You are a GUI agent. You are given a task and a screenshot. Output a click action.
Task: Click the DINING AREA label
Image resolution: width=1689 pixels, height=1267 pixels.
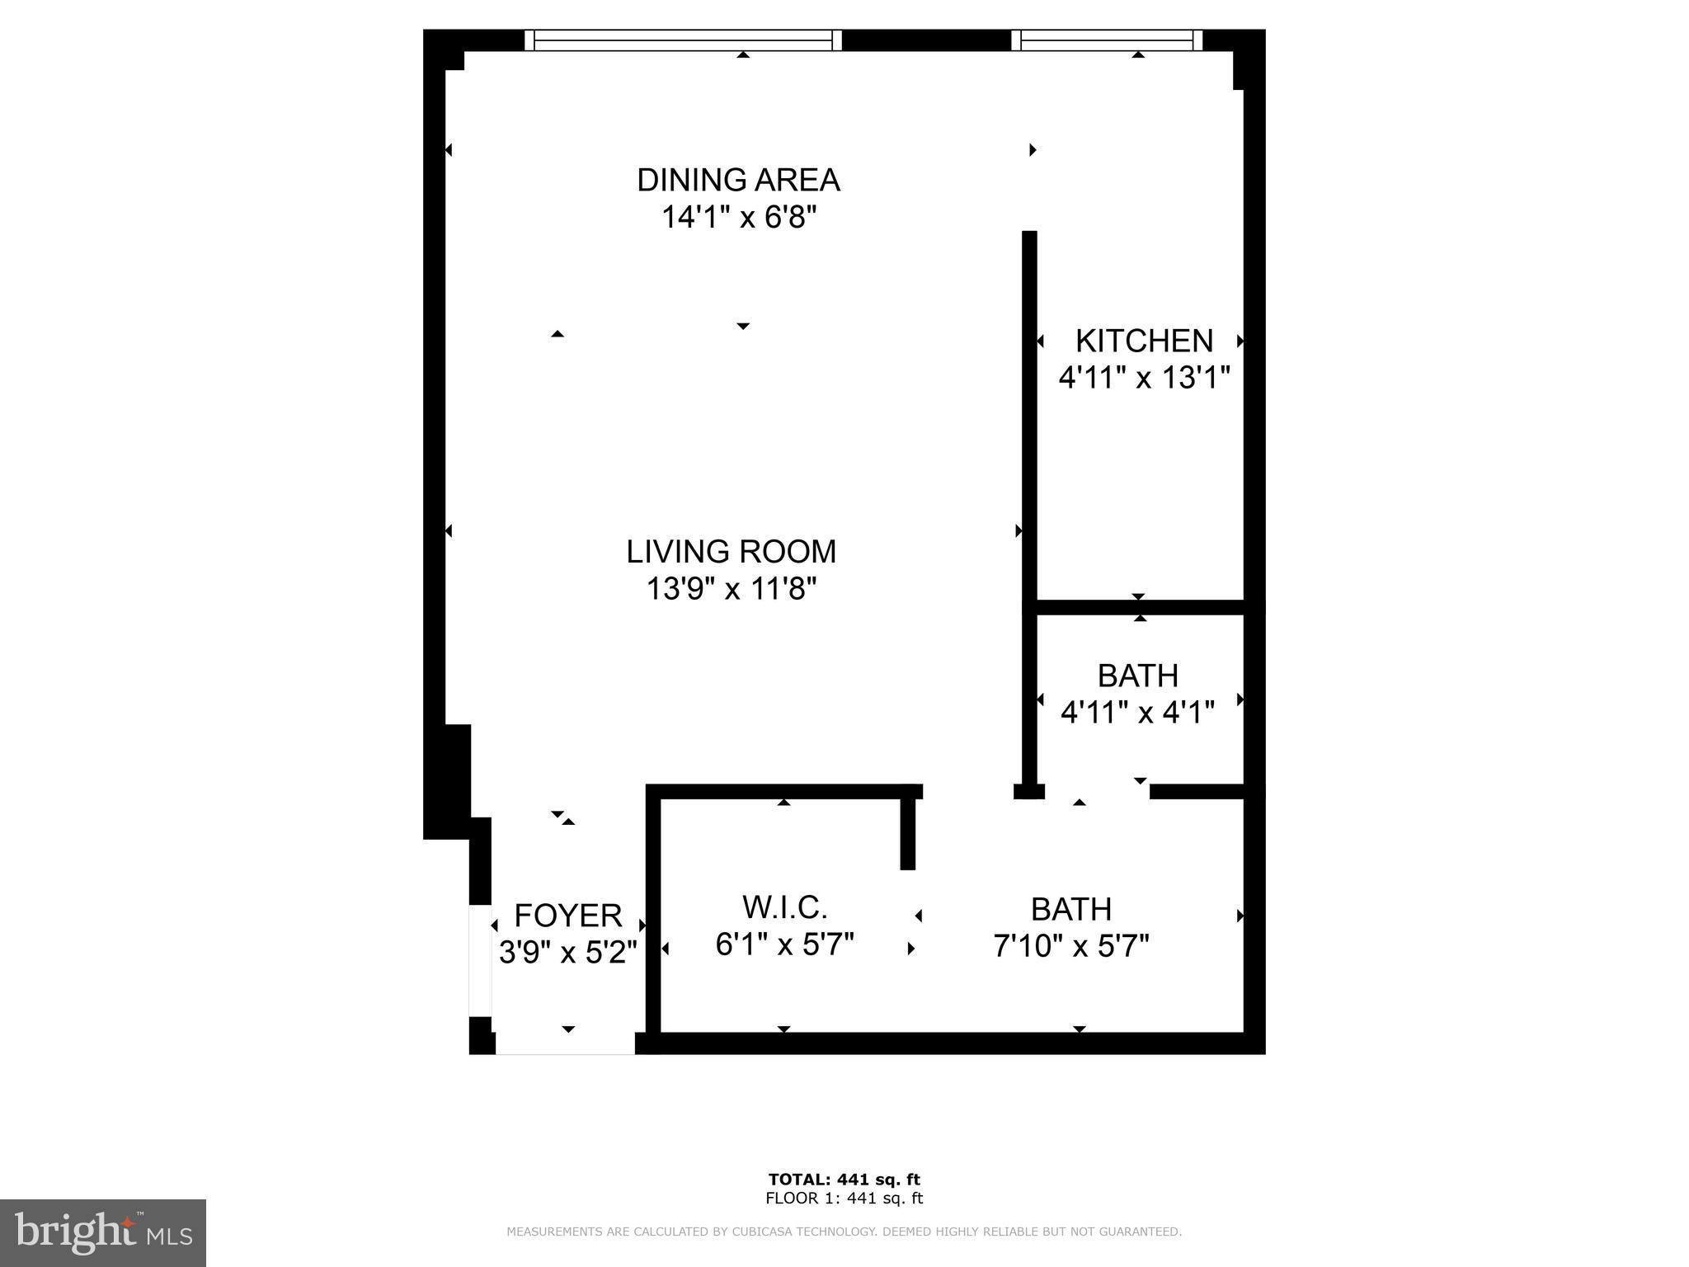pos(738,180)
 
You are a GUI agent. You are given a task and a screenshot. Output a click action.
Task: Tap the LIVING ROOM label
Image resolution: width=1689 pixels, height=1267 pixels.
pos(731,552)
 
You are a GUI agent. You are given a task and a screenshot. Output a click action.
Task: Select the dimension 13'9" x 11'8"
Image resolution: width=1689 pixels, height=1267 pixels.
pos(731,589)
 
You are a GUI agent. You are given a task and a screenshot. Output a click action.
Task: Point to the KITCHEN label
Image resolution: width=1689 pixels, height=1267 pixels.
pos(1144,341)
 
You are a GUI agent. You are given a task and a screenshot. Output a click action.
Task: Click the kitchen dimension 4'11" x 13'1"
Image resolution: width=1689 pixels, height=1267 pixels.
pos(1144,378)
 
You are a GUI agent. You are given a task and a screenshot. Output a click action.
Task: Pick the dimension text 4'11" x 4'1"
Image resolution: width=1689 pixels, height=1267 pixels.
pos(1137,712)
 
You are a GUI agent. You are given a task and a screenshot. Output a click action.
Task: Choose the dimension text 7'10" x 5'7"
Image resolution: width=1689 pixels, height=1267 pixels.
pos(1070,946)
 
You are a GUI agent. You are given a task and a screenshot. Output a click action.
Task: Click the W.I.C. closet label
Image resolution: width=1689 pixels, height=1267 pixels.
pos(784,907)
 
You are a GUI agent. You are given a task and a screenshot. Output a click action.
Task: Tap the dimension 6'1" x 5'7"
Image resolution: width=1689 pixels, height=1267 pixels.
pos(784,944)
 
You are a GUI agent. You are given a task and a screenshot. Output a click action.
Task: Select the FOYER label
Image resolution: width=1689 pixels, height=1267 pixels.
pos(567,916)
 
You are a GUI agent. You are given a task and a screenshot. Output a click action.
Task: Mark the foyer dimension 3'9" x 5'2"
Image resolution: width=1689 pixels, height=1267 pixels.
pos(567,952)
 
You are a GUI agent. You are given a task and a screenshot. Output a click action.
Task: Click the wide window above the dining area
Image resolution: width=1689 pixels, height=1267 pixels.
pos(683,40)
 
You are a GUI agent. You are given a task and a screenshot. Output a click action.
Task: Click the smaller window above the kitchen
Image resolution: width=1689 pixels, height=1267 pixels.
pos(1107,40)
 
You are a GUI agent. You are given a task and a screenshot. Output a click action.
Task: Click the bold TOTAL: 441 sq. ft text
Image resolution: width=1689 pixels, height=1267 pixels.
pos(844,1180)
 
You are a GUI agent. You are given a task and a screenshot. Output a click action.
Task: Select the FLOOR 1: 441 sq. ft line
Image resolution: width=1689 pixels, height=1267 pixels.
pos(844,1199)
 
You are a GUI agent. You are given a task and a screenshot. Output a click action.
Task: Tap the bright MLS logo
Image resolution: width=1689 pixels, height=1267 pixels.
pos(103,1232)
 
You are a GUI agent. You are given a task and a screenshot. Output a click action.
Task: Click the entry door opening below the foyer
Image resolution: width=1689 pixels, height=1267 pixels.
pos(565,1043)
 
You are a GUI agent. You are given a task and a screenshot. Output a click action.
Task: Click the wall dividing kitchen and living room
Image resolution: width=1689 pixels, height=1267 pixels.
pos(1029,412)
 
